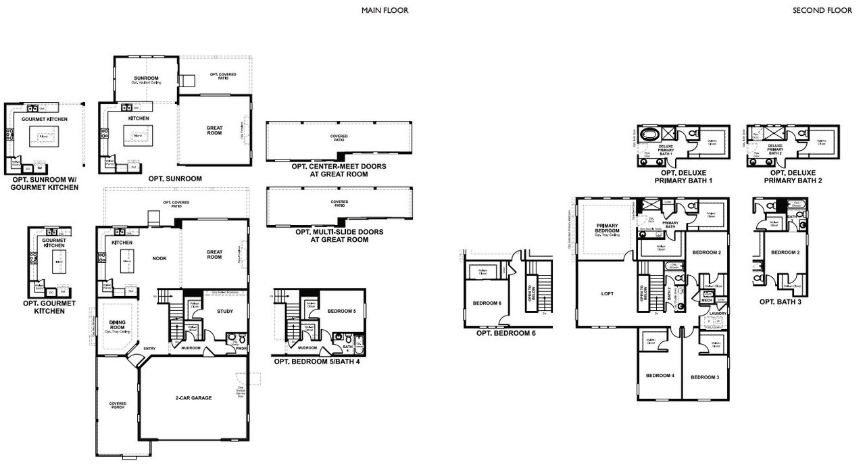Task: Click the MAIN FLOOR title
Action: tap(385, 10)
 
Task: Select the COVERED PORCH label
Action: tap(118, 405)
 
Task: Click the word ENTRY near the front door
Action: tap(149, 349)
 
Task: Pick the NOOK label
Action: tap(159, 258)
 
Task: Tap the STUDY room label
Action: tap(225, 312)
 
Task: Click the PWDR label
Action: tap(241, 349)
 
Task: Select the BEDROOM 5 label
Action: tap(341, 311)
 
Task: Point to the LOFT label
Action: tap(608, 294)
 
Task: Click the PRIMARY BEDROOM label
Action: tap(608, 228)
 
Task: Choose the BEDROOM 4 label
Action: tap(659, 376)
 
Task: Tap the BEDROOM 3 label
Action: tap(705, 376)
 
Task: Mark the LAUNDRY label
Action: tap(718, 313)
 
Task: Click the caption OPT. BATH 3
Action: tap(781, 302)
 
